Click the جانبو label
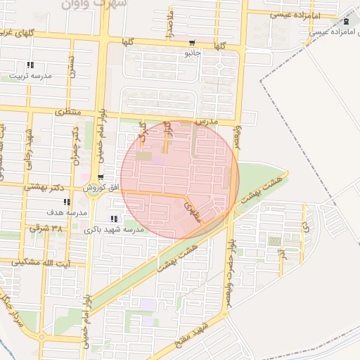pos(193,53)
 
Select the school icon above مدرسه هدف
pos(75,202)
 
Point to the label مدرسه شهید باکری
pos(113,230)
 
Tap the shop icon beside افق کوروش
pos(102,177)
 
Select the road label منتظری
pos(68,112)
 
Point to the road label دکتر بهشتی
pos(44,187)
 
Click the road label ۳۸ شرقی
pos(46,229)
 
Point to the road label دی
pos(304,226)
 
